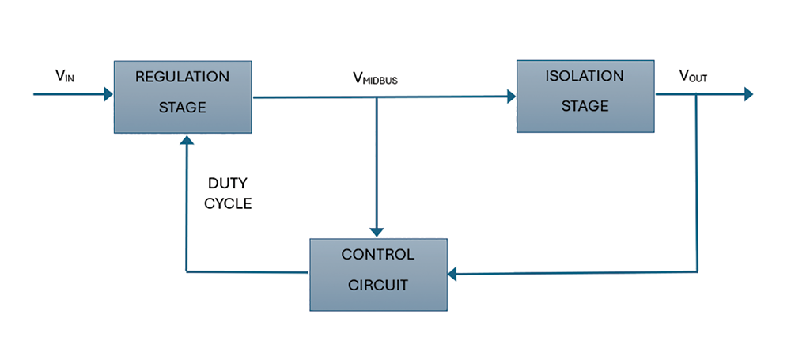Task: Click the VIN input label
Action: pyautogui.click(x=66, y=76)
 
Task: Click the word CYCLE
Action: pyautogui.click(x=228, y=203)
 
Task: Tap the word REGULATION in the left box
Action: pyautogui.click(x=182, y=78)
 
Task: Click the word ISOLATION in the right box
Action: pyautogui.click(x=585, y=77)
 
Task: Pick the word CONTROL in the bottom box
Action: pyautogui.click(x=377, y=255)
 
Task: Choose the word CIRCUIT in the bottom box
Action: pyautogui.click(x=377, y=285)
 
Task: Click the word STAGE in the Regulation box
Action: pyautogui.click(x=182, y=108)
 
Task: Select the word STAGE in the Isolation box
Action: pyautogui.click(x=585, y=106)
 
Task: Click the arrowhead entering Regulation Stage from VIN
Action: pyautogui.click(x=108, y=95)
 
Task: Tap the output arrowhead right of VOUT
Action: pyautogui.click(x=747, y=95)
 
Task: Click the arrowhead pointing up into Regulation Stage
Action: pyautogui.click(x=187, y=140)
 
